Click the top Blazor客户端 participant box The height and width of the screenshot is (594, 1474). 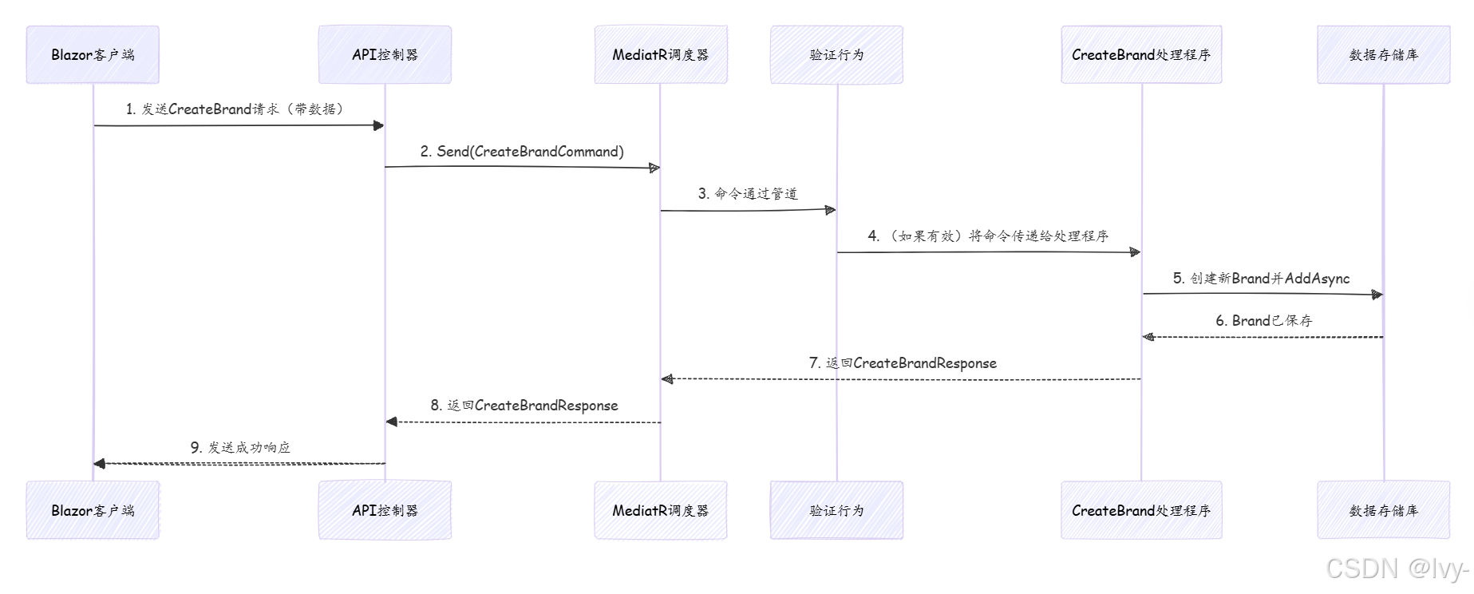pyautogui.click(x=93, y=54)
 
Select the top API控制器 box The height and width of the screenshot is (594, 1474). pyautogui.click(x=385, y=54)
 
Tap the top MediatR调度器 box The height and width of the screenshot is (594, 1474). pyautogui.click(x=660, y=54)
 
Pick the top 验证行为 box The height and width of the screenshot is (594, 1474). pyautogui.click(x=836, y=54)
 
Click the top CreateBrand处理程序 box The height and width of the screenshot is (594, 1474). pyautogui.click(x=1141, y=54)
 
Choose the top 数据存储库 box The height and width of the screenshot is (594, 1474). pyautogui.click(x=1383, y=54)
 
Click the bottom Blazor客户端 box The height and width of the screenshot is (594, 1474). pyautogui.click(x=93, y=510)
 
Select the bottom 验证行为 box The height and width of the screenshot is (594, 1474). pyautogui.click(x=836, y=510)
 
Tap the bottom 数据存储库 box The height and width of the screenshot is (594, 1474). pyautogui.click(x=1383, y=510)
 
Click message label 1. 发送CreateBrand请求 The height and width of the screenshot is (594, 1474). pyautogui.click(x=235, y=109)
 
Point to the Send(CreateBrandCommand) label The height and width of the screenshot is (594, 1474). pyautogui.click(x=523, y=152)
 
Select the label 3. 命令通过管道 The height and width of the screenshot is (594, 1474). pyautogui.click(x=748, y=194)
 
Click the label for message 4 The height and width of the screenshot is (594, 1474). pyautogui.click(x=988, y=236)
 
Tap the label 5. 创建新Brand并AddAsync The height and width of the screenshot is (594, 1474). pyautogui.click(x=1261, y=279)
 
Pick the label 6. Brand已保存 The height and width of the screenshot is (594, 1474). pyautogui.click(x=1263, y=321)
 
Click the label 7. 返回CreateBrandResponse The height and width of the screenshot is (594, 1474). pyautogui.click(x=903, y=363)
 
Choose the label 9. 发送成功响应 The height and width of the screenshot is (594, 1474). pyautogui.click(x=240, y=448)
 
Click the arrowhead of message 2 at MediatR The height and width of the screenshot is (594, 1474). pyautogui.click(x=654, y=168)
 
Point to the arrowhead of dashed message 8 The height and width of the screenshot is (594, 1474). pyautogui.click(x=391, y=422)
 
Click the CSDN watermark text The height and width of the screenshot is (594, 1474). pyautogui.click(x=1397, y=568)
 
